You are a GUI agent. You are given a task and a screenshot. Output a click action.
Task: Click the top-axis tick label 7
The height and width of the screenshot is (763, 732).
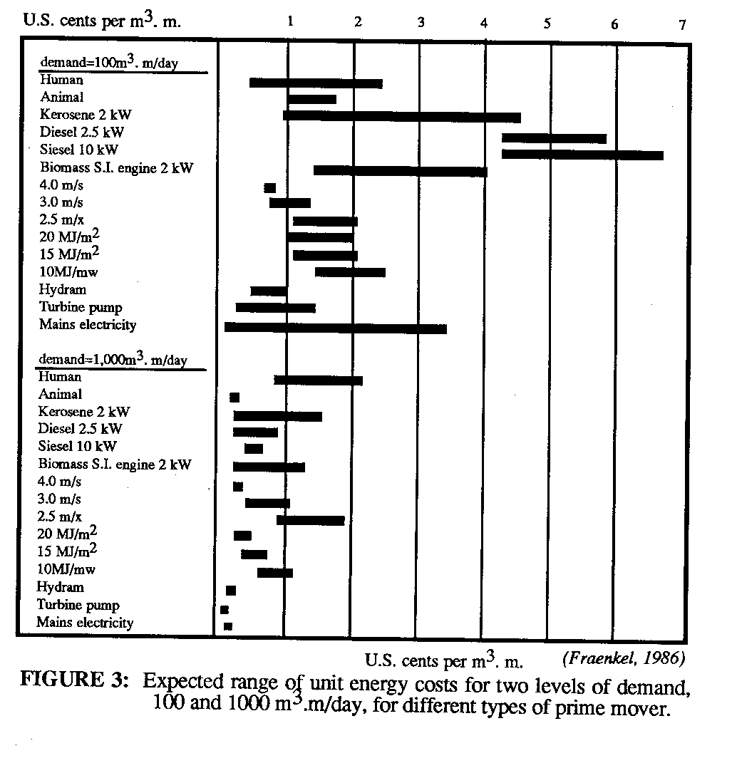[x=682, y=25]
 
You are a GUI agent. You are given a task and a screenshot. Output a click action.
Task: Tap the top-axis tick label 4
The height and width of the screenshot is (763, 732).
[x=484, y=23]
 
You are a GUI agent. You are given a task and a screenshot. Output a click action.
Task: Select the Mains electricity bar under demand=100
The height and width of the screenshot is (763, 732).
[x=335, y=328]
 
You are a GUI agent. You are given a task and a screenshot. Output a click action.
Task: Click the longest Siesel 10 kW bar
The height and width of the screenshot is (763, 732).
[x=582, y=155]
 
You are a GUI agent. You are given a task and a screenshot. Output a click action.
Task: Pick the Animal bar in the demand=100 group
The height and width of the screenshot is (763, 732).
[x=312, y=99]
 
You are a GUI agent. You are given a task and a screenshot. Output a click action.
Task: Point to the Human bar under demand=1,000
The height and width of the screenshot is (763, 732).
[x=318, y=380]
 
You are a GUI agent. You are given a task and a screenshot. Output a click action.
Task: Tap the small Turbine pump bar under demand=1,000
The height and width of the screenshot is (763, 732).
[x=225, y=610]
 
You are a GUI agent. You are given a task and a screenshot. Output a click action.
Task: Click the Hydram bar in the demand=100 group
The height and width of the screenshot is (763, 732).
[x=269, y=291]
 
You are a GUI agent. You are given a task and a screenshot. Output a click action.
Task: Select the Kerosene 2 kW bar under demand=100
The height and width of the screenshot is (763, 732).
[x=401, y=117]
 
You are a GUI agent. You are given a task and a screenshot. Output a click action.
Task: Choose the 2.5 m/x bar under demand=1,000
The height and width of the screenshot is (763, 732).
[x=310, y=520]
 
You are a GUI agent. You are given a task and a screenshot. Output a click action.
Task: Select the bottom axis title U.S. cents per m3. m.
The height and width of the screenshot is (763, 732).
[x=444, y=661]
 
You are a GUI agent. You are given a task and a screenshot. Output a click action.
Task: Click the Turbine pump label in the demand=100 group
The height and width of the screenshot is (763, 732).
[x=81, y=308]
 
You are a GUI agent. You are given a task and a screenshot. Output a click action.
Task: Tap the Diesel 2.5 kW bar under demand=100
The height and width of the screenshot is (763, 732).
[x=554, y=138]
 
